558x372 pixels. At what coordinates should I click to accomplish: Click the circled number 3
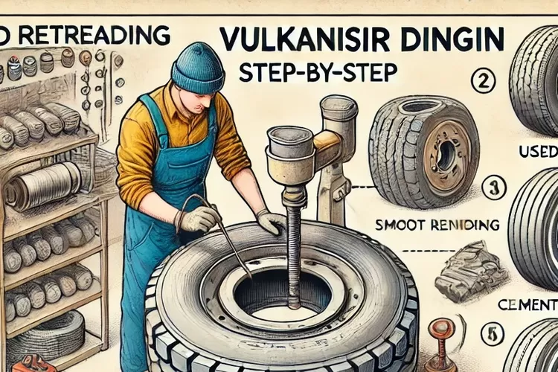coord(492,187)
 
